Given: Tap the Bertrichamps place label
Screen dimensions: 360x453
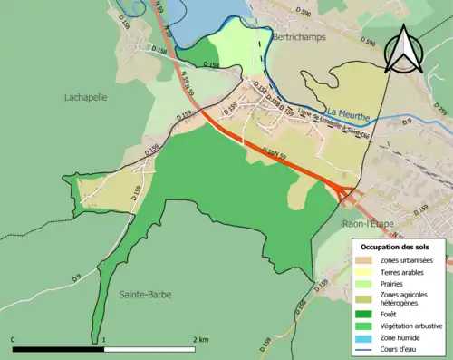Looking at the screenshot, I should click(297, 39).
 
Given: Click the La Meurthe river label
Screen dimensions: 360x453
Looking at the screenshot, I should click(344, 103).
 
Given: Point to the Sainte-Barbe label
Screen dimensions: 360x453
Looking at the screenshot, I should click(145, 295).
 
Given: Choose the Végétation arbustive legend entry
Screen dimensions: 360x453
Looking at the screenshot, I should click(400, 326).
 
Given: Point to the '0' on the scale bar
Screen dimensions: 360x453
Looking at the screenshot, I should click(13, 339).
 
